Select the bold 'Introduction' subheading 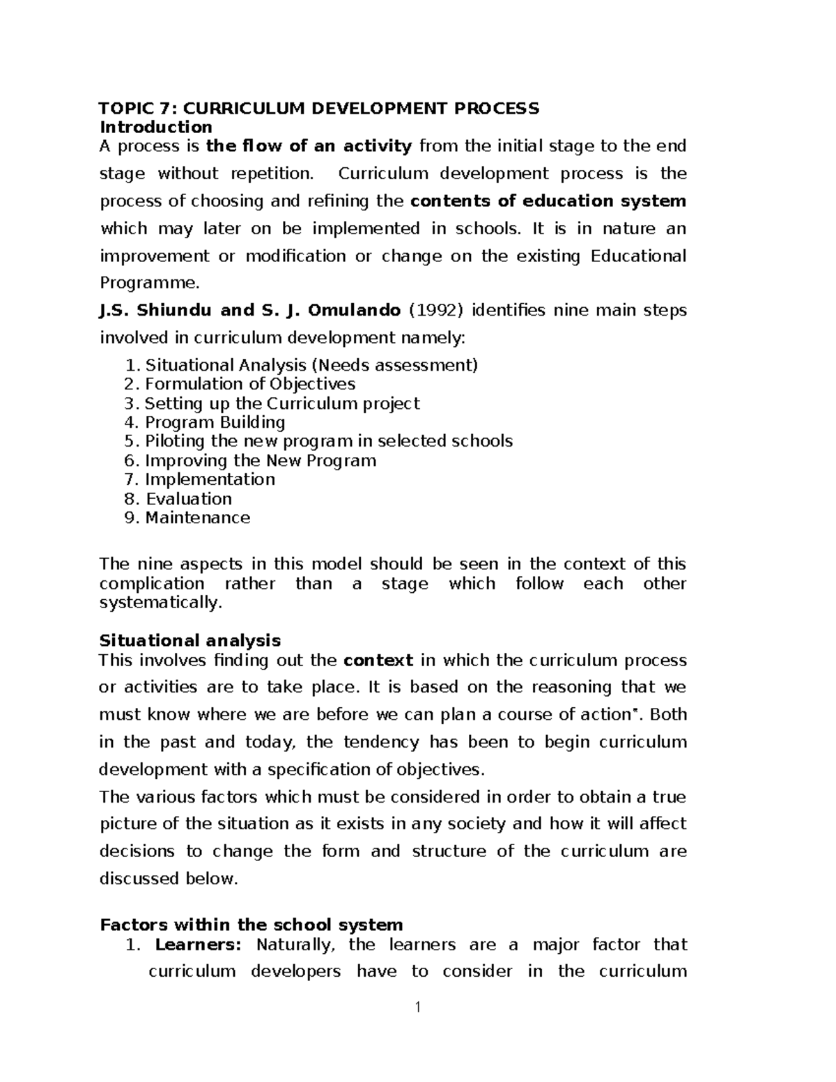156,127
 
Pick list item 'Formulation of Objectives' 250,384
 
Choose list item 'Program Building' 215,422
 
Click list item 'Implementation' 210,479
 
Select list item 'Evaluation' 188,499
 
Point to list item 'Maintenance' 197,518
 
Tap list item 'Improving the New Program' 260,461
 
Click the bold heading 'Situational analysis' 190,640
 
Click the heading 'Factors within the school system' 251,925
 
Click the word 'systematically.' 161,603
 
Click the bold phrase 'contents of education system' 548,201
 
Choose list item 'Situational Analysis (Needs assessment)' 311,365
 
